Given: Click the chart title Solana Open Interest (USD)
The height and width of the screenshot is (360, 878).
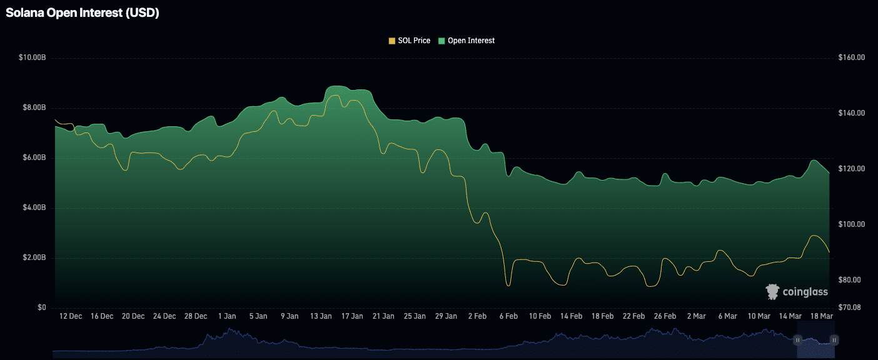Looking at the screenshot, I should tap(83, 13).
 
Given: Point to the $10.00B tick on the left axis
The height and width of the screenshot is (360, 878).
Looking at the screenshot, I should tap(33, 57).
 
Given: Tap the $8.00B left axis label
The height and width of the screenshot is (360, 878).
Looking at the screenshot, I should tap(34, 107).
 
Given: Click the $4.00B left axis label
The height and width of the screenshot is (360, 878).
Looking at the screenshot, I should tap(34, 207).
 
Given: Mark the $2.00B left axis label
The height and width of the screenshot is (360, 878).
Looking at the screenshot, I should tap(34, 257).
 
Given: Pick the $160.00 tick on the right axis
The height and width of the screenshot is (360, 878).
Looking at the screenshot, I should tap(851, 57).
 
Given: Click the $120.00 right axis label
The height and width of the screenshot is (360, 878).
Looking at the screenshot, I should tap(851, 169).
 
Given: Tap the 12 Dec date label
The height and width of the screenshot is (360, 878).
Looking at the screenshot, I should tap(71, 316).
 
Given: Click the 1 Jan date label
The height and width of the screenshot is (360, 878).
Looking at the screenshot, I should tap(227, 316).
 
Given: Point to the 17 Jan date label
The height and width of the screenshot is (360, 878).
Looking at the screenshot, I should tap(352, 316).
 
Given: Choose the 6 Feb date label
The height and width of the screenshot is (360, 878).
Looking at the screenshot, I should tap(508, 316).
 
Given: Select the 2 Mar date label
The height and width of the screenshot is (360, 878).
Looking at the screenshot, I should tap(696, 316).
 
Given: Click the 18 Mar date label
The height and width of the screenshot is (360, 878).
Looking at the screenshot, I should tap(821, 316).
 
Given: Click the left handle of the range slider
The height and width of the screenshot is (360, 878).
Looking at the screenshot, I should tap(798, 339).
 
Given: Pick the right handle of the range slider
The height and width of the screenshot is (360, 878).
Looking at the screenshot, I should tap(834, 339).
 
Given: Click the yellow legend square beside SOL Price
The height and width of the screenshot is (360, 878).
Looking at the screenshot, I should tap(392, 41).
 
